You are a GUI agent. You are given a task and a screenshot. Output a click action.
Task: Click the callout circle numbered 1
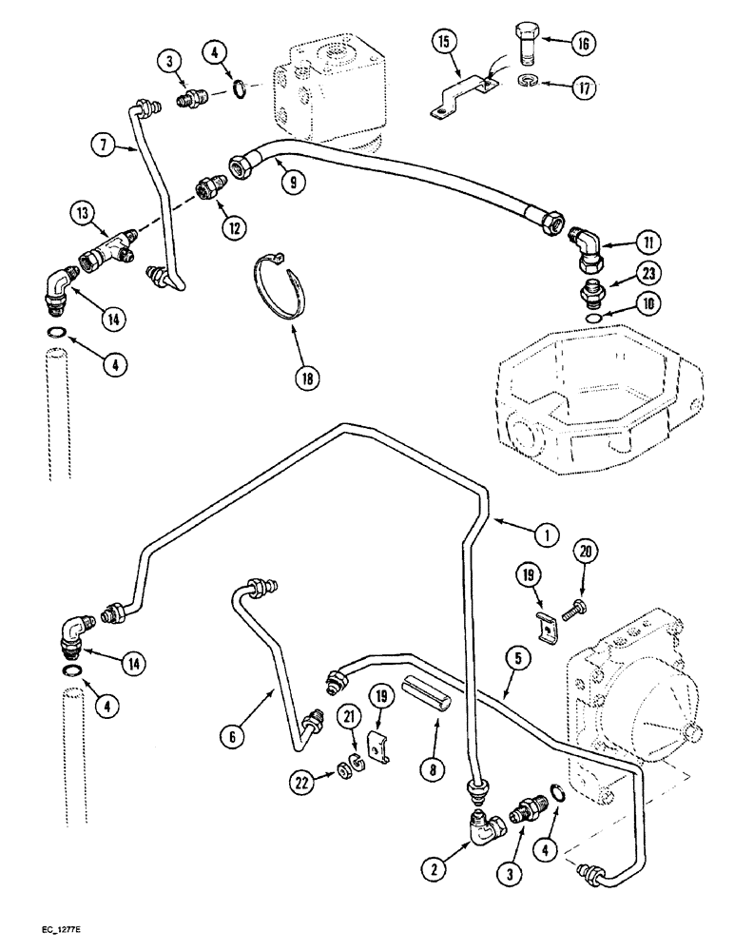(545, 535)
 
